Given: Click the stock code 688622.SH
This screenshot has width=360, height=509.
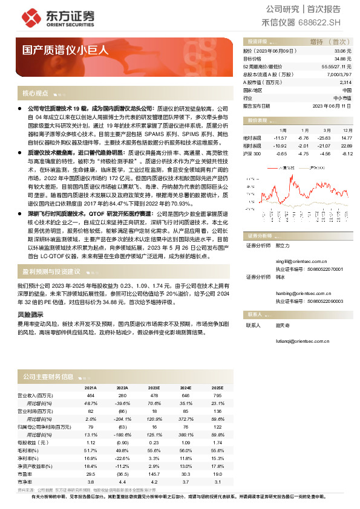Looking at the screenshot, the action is (320, 23).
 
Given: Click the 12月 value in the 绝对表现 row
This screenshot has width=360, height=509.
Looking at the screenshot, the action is (346, 138).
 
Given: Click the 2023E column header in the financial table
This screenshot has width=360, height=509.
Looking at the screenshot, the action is (154, 387).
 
